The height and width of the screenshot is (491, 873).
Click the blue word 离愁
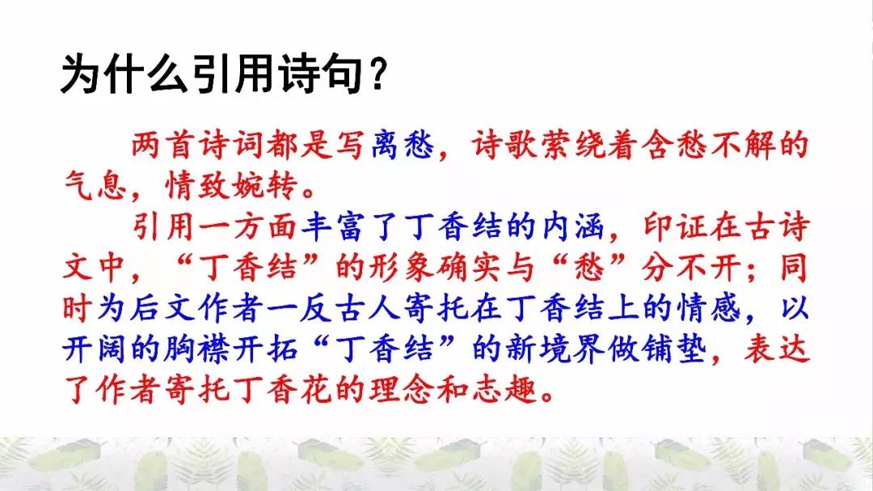403,145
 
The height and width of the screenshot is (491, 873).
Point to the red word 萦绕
573,145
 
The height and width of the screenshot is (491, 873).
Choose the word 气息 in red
95,185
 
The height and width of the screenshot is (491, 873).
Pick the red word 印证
676,226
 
